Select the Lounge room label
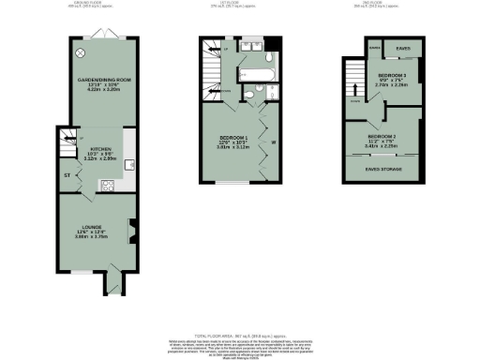click(x=91, y=233)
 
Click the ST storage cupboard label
click(x=67, y=175)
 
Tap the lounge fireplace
click(x=132, y=230)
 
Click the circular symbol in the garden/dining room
click(x=80, y=52)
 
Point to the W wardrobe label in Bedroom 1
click(x=273, y=143)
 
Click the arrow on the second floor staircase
click(x=354, y=96)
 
